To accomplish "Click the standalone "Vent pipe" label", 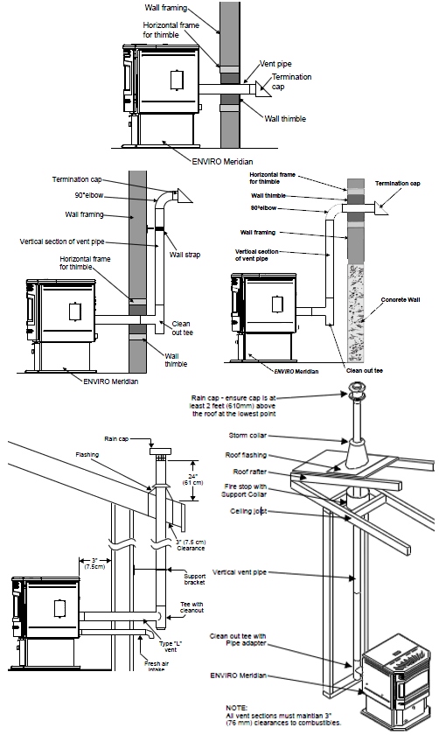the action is coord(275,64).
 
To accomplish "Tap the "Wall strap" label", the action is coord(185,255).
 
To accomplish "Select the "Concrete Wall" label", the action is coord(401,299).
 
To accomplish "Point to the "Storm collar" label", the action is coord(247,436).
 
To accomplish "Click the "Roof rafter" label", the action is coord(250,472).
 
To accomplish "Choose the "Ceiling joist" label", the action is coord(248,511).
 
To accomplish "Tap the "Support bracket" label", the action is coord(194,579).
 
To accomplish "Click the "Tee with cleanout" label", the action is coord(192,607).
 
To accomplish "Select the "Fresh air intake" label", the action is coord(157,666).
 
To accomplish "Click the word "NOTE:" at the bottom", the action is coord(237,708).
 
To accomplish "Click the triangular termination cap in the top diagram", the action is coord(264,88).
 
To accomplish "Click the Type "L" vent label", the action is coord(168,647).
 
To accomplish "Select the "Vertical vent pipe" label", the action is coord(240,572).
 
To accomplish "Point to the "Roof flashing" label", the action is coord(246,455).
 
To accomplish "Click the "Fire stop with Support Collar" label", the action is coord(245,490).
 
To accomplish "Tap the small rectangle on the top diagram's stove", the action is coord(177,80).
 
